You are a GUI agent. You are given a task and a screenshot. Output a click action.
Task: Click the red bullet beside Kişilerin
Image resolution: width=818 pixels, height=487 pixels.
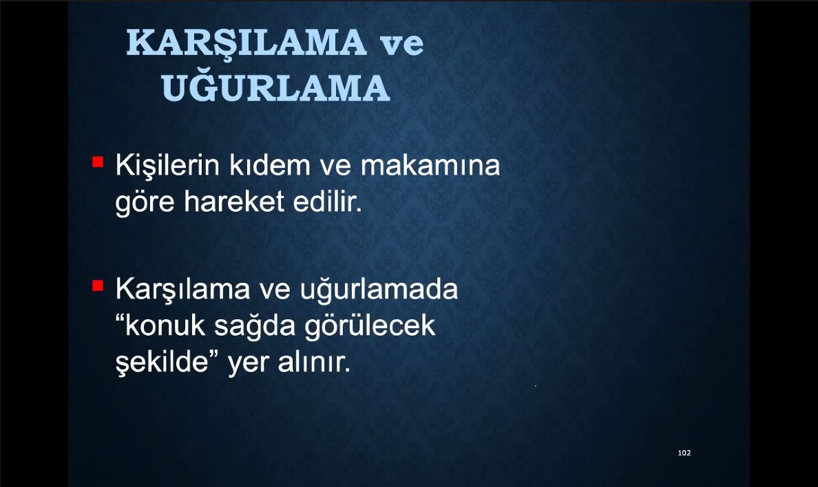coord(98,162)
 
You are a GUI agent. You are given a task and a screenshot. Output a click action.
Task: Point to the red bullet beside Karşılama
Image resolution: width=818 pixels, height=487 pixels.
coord(98,285)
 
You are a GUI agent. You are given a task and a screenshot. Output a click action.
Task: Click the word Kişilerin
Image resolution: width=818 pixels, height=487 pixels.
coord(167,166)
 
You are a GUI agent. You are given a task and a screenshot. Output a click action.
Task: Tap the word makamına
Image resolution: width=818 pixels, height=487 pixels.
coord(430,165)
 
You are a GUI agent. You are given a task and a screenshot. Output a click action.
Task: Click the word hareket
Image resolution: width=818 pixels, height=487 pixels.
coord(234,202)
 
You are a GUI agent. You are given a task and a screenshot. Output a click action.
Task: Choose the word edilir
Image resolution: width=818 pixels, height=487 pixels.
coord(328,202)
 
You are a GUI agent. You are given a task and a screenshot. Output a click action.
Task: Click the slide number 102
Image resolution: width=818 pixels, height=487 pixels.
coord(684,453)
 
